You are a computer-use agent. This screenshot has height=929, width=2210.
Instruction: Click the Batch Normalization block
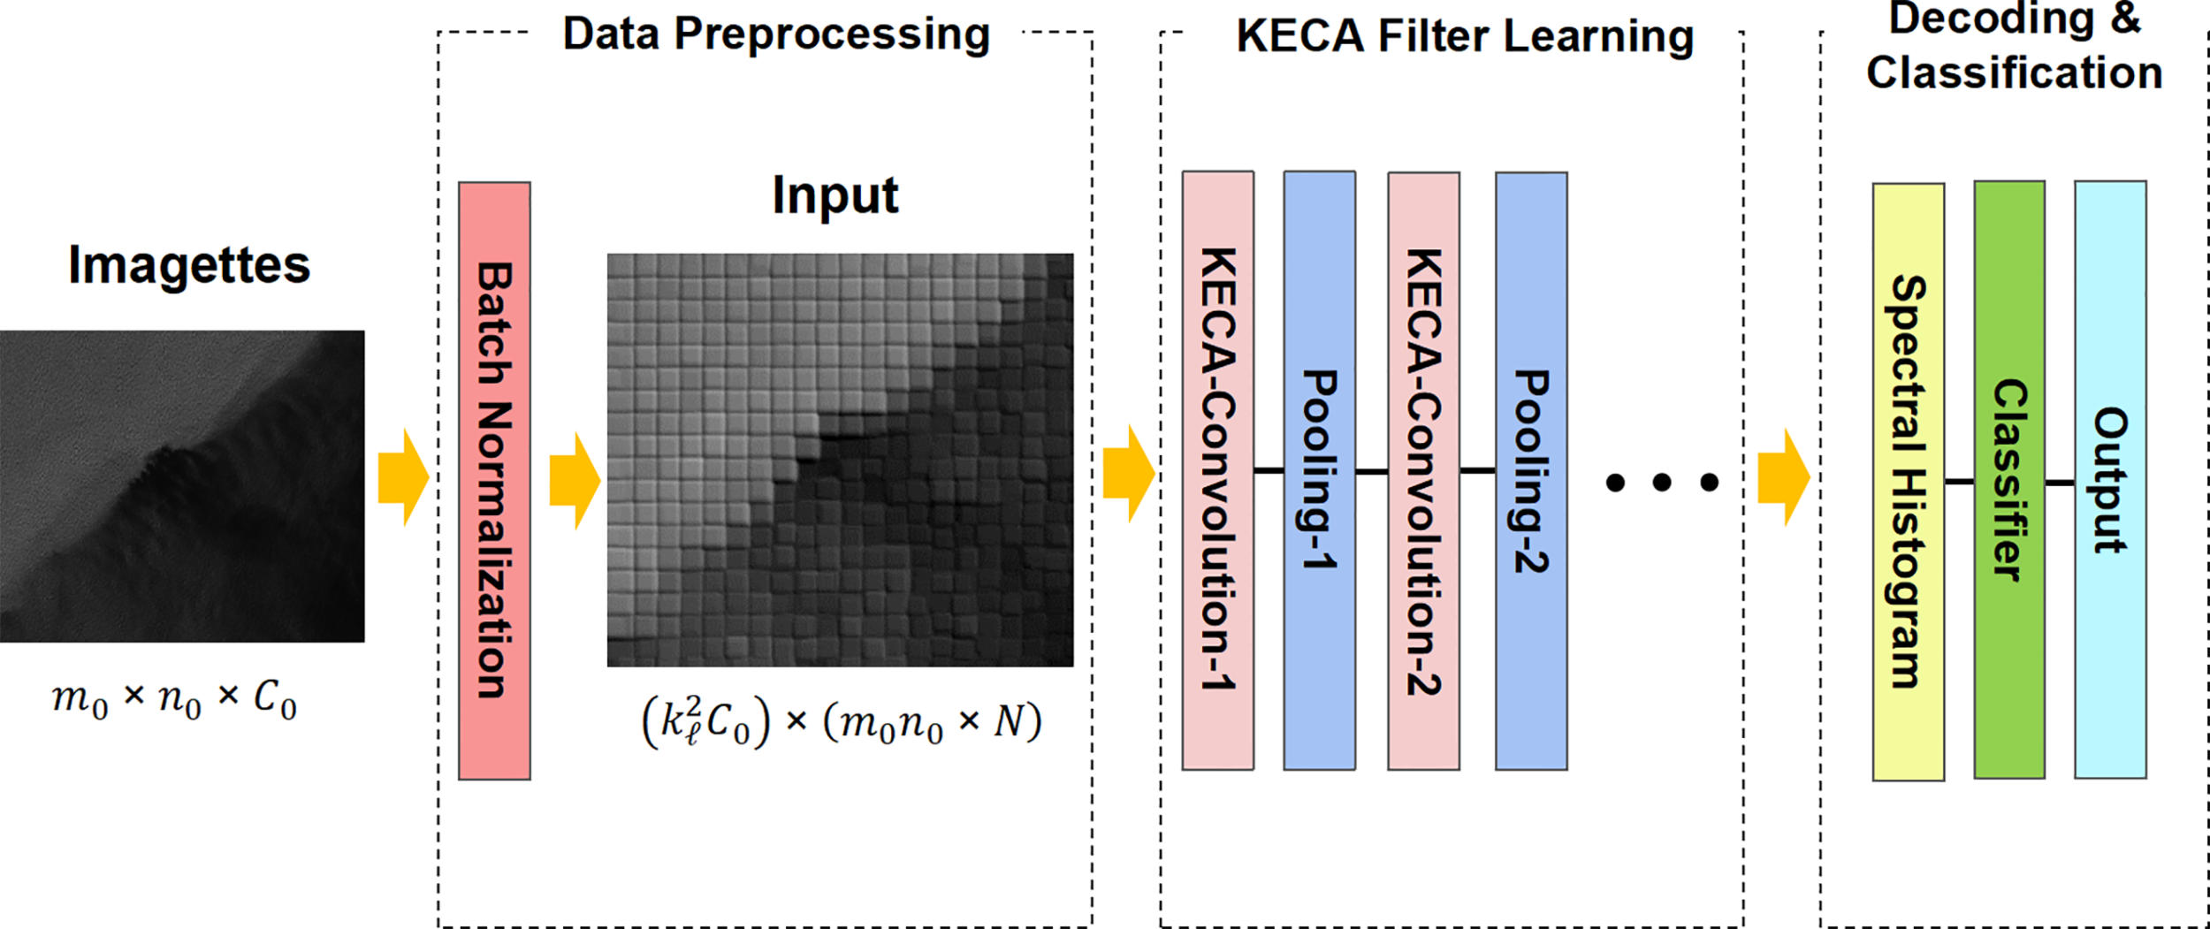coord(494,480)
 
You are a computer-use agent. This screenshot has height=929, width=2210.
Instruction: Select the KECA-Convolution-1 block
coord(1217,469)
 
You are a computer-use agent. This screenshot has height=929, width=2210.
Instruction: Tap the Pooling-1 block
coord(1319,469)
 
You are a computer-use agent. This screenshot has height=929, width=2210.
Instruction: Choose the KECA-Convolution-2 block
coord(1423,469)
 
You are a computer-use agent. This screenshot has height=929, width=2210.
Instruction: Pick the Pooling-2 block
coord(1531,469)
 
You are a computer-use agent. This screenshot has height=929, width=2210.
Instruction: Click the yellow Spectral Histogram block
coord(1908,482)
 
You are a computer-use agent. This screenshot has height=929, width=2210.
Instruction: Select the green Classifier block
coord(2009,479)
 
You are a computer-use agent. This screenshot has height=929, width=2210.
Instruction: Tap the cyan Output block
coord(2110,479)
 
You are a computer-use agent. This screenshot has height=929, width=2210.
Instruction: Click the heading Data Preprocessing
coord(775,34)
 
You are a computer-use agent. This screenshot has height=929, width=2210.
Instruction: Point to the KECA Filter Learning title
coord(1464,36)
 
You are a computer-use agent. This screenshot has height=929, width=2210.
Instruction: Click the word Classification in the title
coord(2014,72)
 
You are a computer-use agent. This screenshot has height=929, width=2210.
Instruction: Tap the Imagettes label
coord(189,264)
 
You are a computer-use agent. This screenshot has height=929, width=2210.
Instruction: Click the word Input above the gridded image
coord(834,194)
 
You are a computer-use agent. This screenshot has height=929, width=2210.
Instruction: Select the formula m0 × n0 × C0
coord(174,698)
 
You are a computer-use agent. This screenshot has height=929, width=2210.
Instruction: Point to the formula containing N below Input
coord(842,722)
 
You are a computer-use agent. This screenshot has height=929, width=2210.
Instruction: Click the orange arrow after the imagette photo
coord(402,477)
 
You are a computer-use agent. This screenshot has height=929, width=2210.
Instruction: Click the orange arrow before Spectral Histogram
coord(1782,477)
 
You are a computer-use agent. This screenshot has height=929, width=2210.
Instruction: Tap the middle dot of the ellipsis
coord(1662,482)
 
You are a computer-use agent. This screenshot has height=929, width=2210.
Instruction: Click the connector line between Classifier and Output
coord(2060,483)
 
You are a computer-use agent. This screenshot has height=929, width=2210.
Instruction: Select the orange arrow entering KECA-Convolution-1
coord(1127,473)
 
